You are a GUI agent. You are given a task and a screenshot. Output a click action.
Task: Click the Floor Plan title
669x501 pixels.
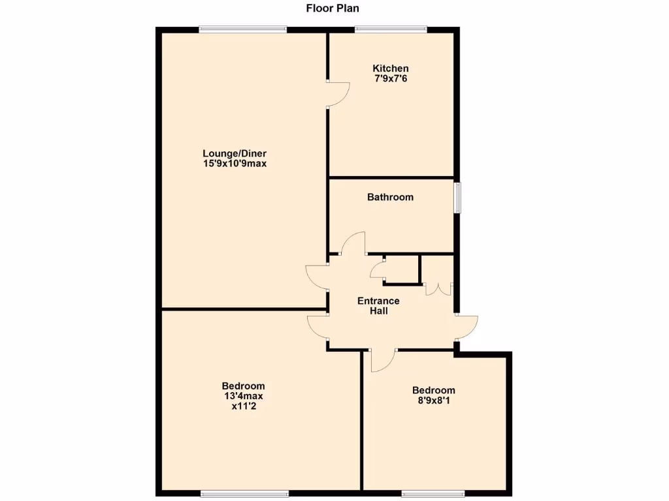coord(333,8)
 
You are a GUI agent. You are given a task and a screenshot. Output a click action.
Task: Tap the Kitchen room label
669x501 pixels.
coord(391,68)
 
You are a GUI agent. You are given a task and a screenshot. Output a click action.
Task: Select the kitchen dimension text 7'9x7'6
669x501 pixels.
coord(391,78)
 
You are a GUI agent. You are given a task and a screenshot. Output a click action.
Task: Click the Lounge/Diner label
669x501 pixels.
coord(235,154)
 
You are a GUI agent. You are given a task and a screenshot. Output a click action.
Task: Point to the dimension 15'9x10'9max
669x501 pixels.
coord(235,164)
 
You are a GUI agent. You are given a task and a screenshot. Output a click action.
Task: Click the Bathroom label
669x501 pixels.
coord(390,197)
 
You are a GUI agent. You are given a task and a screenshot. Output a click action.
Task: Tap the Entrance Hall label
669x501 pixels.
coord(378,306)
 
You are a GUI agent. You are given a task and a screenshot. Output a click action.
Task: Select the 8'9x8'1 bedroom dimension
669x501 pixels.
coord(433,401)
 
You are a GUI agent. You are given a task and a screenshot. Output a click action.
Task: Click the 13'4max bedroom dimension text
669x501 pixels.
coord(243,395)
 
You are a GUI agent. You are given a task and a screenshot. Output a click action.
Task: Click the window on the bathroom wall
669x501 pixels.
coord(458,197)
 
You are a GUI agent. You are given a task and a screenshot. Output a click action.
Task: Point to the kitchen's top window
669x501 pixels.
coord(391,28)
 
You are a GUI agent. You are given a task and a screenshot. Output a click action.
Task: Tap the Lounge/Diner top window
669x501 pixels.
coord(242,28)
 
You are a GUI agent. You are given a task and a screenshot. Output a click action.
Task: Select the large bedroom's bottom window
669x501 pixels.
coord(244,493)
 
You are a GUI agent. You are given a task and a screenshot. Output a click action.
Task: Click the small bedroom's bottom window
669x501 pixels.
coord(432,493)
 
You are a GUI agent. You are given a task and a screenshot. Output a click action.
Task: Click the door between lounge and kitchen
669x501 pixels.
coord(338,95)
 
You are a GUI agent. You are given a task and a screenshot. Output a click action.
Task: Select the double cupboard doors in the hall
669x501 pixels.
coord(437,288)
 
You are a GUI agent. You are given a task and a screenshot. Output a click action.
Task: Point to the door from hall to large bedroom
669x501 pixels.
coord(318,327)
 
